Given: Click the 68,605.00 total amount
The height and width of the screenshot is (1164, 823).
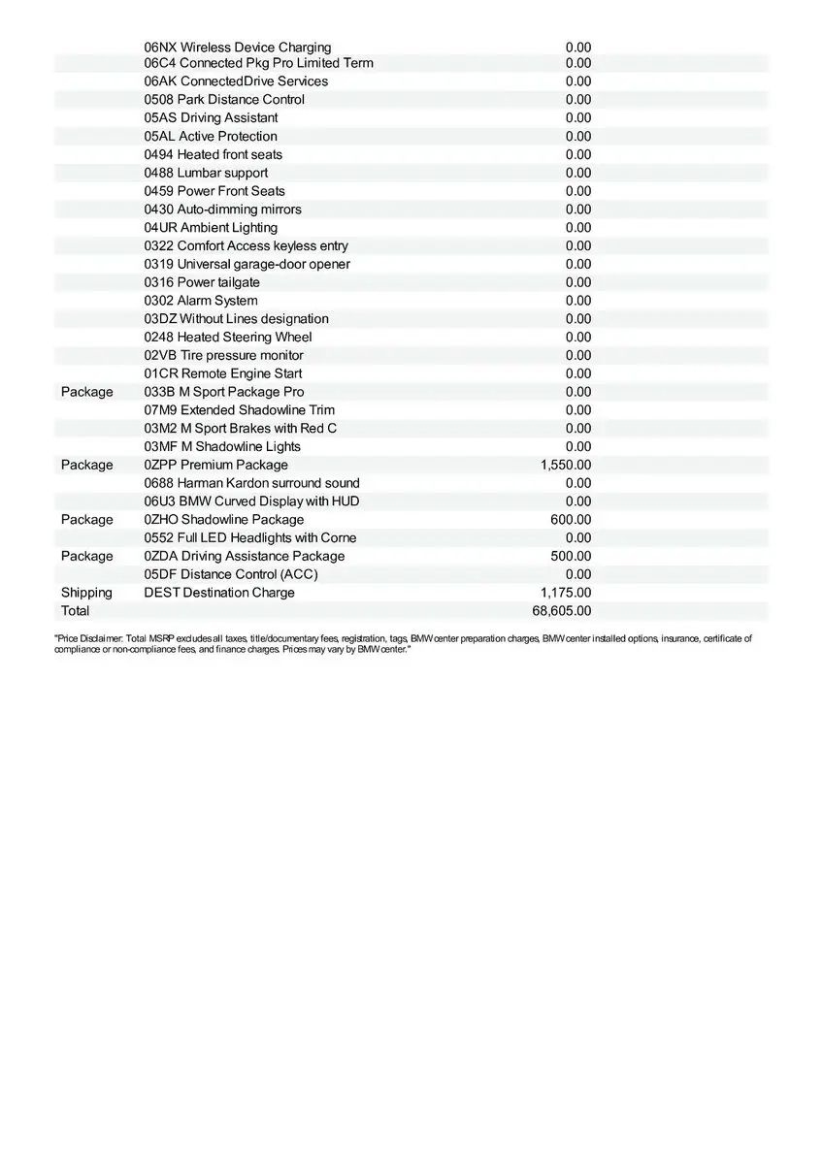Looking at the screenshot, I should pyautogui.click(x=562, y=611).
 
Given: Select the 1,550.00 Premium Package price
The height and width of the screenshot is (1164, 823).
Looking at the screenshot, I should pyautogui.click(x=566, y=465).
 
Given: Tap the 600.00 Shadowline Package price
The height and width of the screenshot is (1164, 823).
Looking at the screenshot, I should pyautogui.click(x=571, y=520).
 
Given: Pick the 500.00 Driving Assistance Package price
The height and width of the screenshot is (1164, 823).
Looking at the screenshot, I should pyautogui.click(x=571, y=556).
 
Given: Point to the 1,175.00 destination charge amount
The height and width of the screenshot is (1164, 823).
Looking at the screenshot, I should pyautogui.click(x=566, y=593).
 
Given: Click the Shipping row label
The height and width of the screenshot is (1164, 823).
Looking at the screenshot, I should pyautogui.click(x=86, y=593).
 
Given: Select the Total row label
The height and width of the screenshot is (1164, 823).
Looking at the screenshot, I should pyautogui.click(x=75, y=611).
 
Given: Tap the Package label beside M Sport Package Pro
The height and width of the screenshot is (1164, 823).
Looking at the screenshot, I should pyautogui.click(x=86, y=392).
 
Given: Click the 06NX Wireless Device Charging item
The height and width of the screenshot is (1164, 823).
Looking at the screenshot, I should pyautogui.click(x=238, y=48).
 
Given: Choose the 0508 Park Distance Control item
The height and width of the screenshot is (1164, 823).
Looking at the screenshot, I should pyautogui.click(x=224, y=100).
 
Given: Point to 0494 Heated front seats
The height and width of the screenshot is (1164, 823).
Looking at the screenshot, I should pyautogui.click(x=214, y=155).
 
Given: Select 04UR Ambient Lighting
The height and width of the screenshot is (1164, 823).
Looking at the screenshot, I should pyautogui.click(x=211, y=228).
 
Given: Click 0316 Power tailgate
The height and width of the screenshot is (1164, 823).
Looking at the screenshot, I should pyautogui.click(x=202, y=282).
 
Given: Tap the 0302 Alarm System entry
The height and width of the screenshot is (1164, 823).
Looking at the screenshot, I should pyautogui.click(x=201, y=301).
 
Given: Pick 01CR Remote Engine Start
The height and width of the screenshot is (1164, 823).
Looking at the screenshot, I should pyautogui.click(x=223, y=373).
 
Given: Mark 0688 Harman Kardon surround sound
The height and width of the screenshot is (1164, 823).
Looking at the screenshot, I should pyautogui.click(x=252, y=483).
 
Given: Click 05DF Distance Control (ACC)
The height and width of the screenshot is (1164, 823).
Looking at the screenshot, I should pyautogui.click(x=231, y=574).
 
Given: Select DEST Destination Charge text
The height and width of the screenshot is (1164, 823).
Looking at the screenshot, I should pyautogui.click(x=219, y=593).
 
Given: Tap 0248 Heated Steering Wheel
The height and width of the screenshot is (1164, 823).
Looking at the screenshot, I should pyautogui.click(x=228, y=338).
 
